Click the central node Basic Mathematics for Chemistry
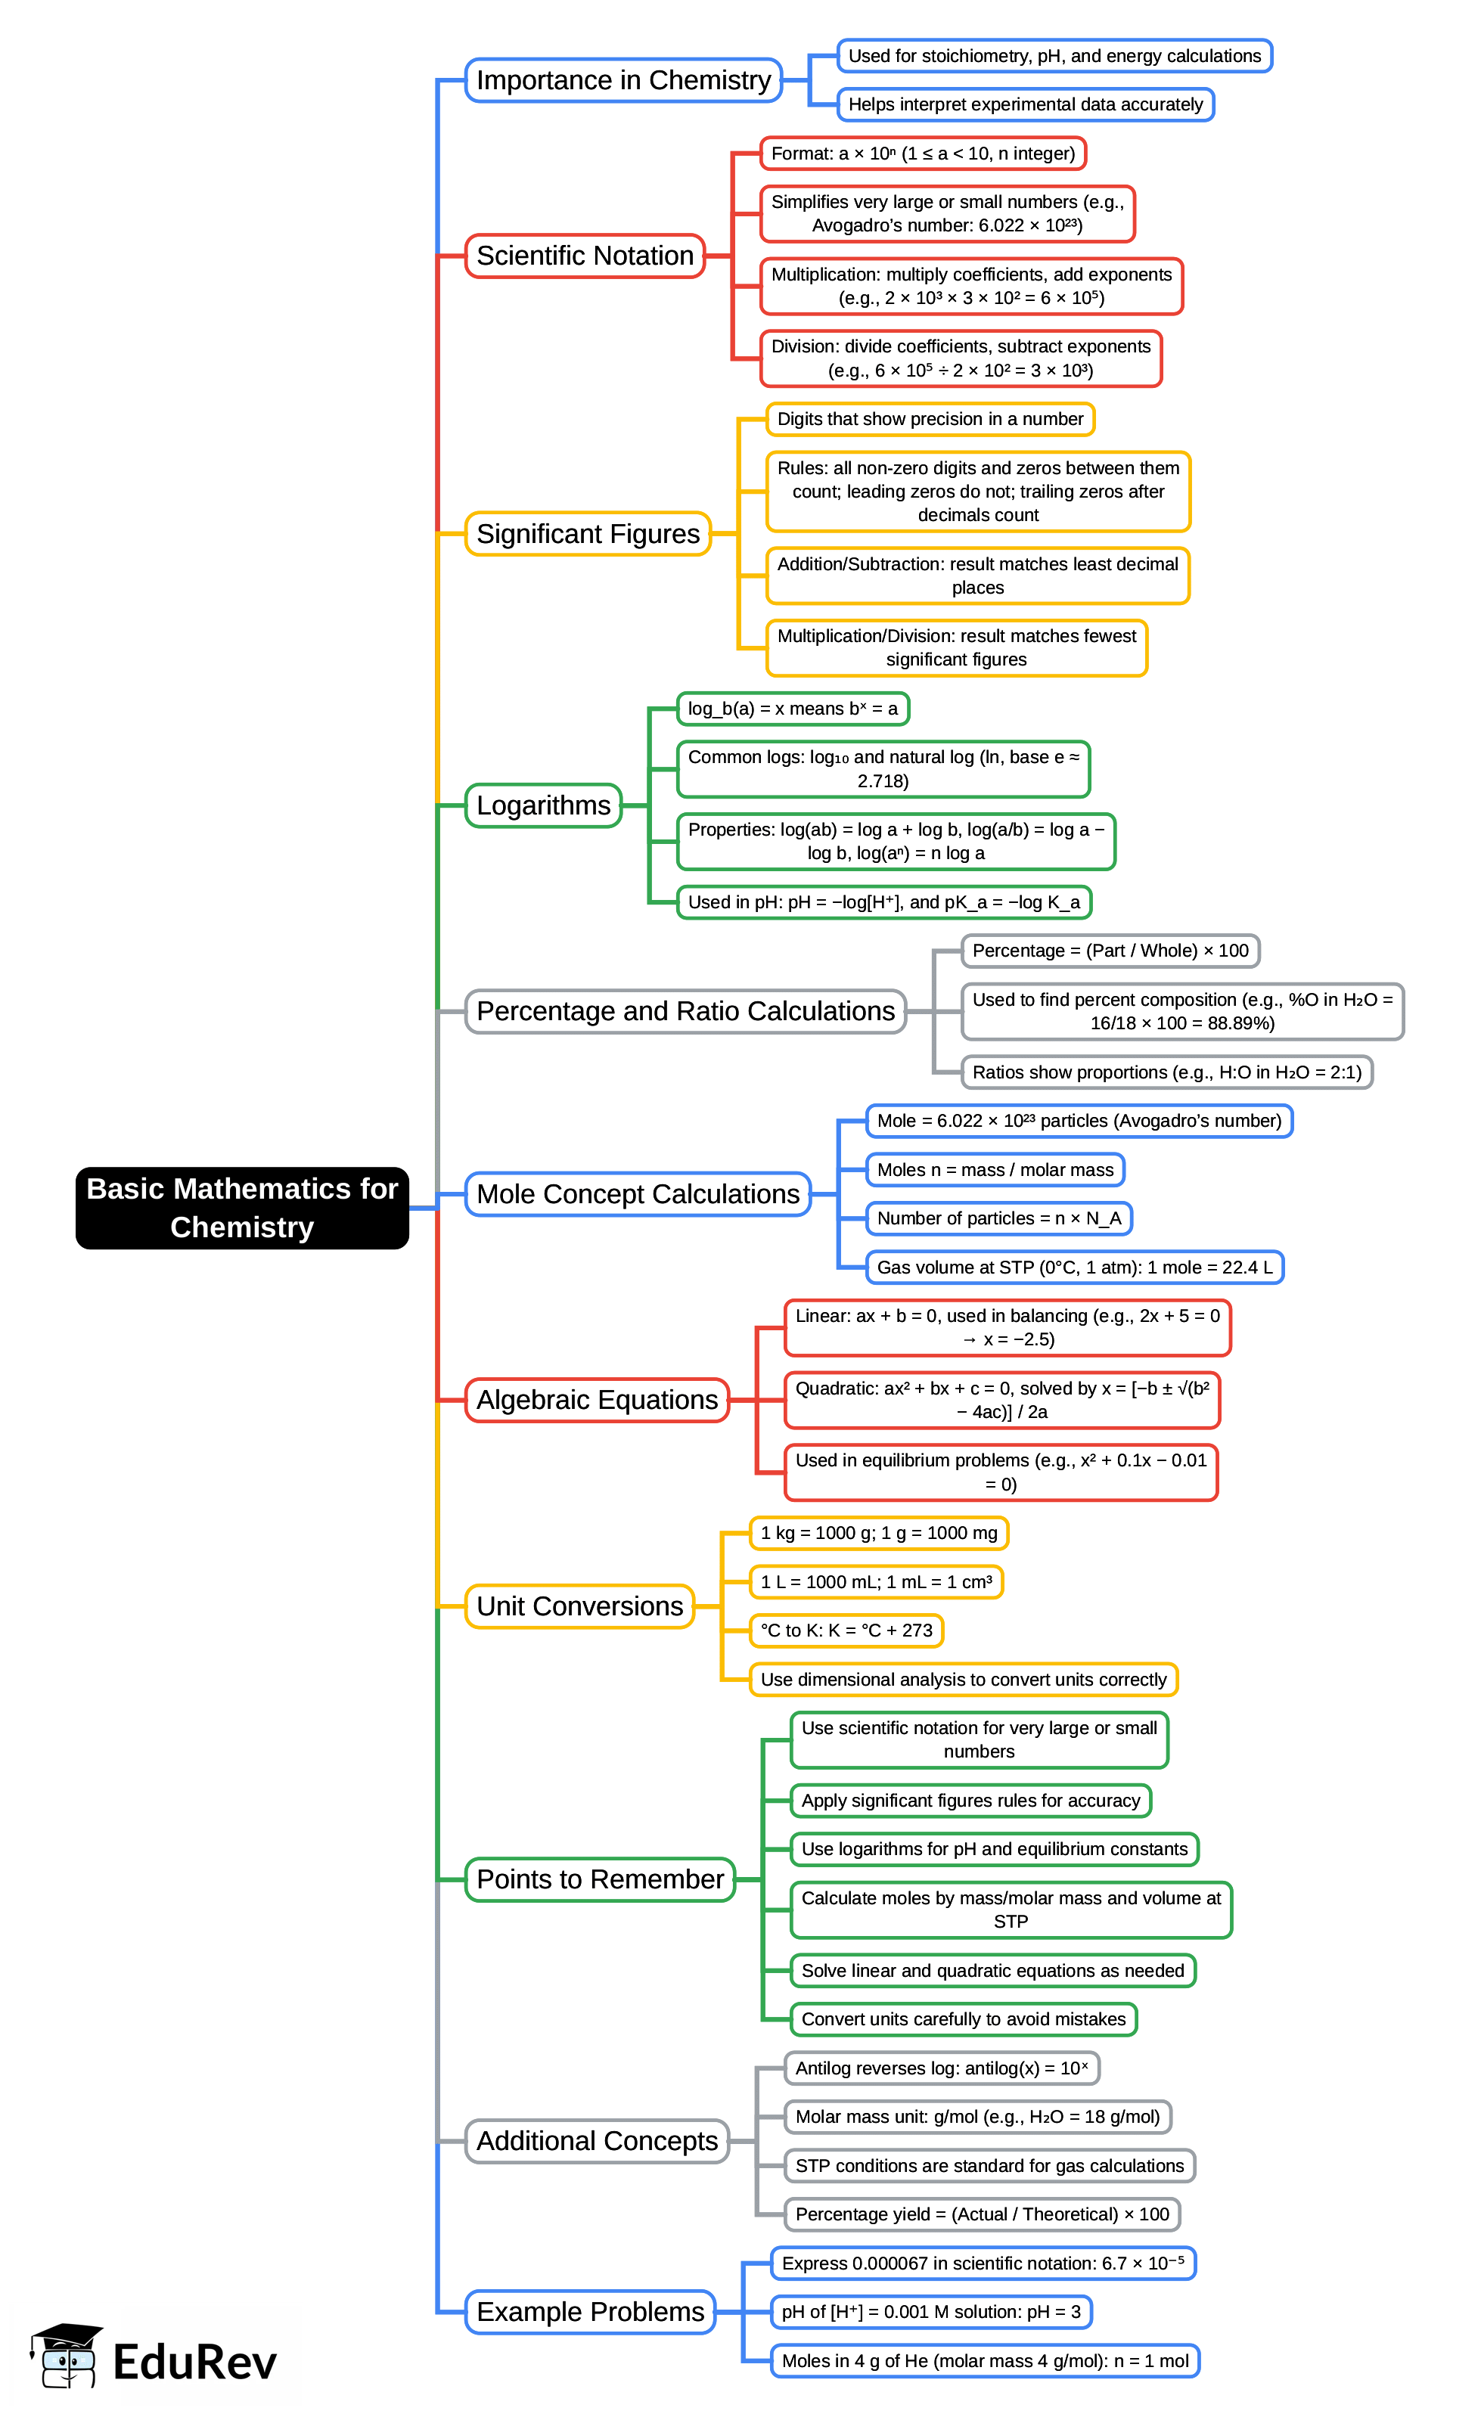pyautogui.click(x=241, y=1208)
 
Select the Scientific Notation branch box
pyautogui.click(x=585, y=256)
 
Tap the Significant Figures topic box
pyautogui.click(x=588, y=534)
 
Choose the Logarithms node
pyautogui.click(x=543, y=805)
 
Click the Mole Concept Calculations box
pyautogui.click(x=638, y=1194)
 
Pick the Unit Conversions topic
pyautogui.click(x=579, y=1606)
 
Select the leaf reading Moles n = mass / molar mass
pyautogui.click(x=995, y=1169)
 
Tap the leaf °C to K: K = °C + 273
pyautogui.click(x=846, y=1630)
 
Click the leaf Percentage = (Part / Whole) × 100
pyautogui.click(x=1110, y=951)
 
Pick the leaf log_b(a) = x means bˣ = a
pyautogui.click(x=793, y=708)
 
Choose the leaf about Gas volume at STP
pyautogui.click(x=1074, y=1267)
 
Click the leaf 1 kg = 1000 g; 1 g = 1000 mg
pyautogui.click(x=878, y=1533)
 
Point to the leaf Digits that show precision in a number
pyautogui.click(x=929, y=419)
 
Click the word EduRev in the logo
pyautogui.click(x=194, y=2362)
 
